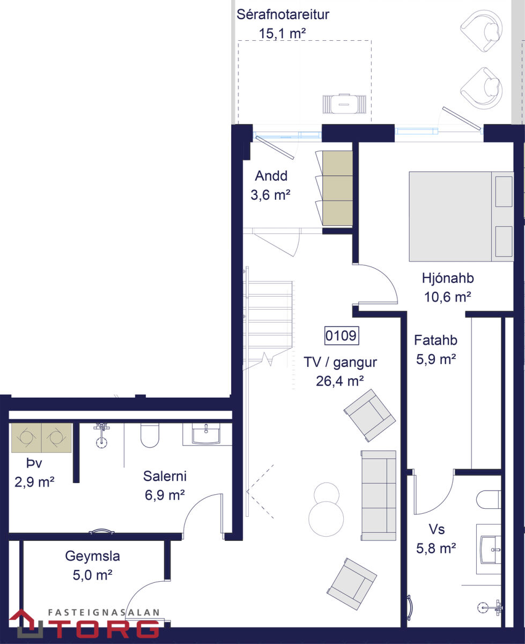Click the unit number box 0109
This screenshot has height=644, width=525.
(x=341, y=335)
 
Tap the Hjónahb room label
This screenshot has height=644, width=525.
(x=448, y=278)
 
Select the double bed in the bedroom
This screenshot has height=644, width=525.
(x=461, y=216)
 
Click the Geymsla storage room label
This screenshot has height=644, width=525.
(x=92, y=557)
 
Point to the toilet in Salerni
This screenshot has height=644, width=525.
(x=150, y=435)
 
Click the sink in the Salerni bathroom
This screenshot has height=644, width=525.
(x=206, y=434)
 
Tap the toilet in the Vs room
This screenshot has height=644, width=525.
(x=488, y=500)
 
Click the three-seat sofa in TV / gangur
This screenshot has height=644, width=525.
(x=378, y=495)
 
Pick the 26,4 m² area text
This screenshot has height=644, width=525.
(x=340, y=381)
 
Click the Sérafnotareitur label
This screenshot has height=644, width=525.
(x=283, y=14)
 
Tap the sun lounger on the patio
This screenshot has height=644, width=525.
(x=344, y=104)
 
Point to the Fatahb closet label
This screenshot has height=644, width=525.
(x=435, y=340)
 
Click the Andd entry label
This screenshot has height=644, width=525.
(x=271, y=176)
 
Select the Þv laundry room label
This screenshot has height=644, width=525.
(x=34, y=464)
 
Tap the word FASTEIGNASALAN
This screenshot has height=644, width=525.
(x=103, y=612)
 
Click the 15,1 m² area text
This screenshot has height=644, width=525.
(x=282, y=34)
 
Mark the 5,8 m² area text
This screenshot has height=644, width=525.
(x=436, y=548)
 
